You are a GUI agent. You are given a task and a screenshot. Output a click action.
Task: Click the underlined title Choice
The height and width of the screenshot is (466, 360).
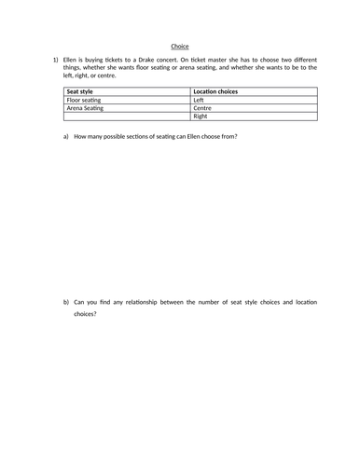coord(180,45)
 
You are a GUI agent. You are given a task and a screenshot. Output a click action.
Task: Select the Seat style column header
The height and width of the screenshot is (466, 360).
coord(81,91)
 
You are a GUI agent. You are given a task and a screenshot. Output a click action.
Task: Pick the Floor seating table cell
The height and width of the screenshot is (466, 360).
coord(85,100)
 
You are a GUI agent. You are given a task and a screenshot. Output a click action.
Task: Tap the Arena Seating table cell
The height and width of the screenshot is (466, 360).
coord(86,108)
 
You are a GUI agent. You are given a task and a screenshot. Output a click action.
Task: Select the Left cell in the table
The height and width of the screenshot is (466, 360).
coord(198,100)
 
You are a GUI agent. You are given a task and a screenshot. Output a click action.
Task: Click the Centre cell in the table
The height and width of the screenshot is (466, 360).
coord(201,108)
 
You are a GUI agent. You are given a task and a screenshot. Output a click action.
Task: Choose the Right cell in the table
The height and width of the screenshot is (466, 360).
coord(200,116)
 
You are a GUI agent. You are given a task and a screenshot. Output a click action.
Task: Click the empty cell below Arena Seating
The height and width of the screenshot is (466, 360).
coord(127,116)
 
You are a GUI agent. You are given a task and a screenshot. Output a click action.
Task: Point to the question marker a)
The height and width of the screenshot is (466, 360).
coord(66,137)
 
